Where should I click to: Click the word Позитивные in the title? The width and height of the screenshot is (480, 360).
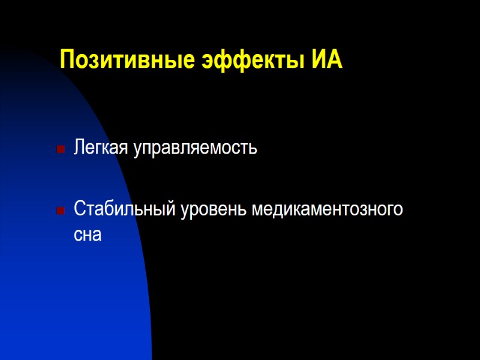click(125, 61)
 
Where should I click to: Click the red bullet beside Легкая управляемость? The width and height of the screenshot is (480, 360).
click(60, 149)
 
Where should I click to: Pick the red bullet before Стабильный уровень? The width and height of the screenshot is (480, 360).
click(60, 211)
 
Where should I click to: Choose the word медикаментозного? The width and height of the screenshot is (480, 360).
click(327, 210)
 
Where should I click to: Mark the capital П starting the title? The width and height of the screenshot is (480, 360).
click(68, 61)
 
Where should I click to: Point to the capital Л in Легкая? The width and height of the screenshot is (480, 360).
click(79, 148)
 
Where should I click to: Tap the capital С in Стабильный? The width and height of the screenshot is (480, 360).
click(79, 209)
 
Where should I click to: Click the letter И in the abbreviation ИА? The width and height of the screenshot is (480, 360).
click(320, 61)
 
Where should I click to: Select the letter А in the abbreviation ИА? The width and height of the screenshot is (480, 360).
click(335, 61)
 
